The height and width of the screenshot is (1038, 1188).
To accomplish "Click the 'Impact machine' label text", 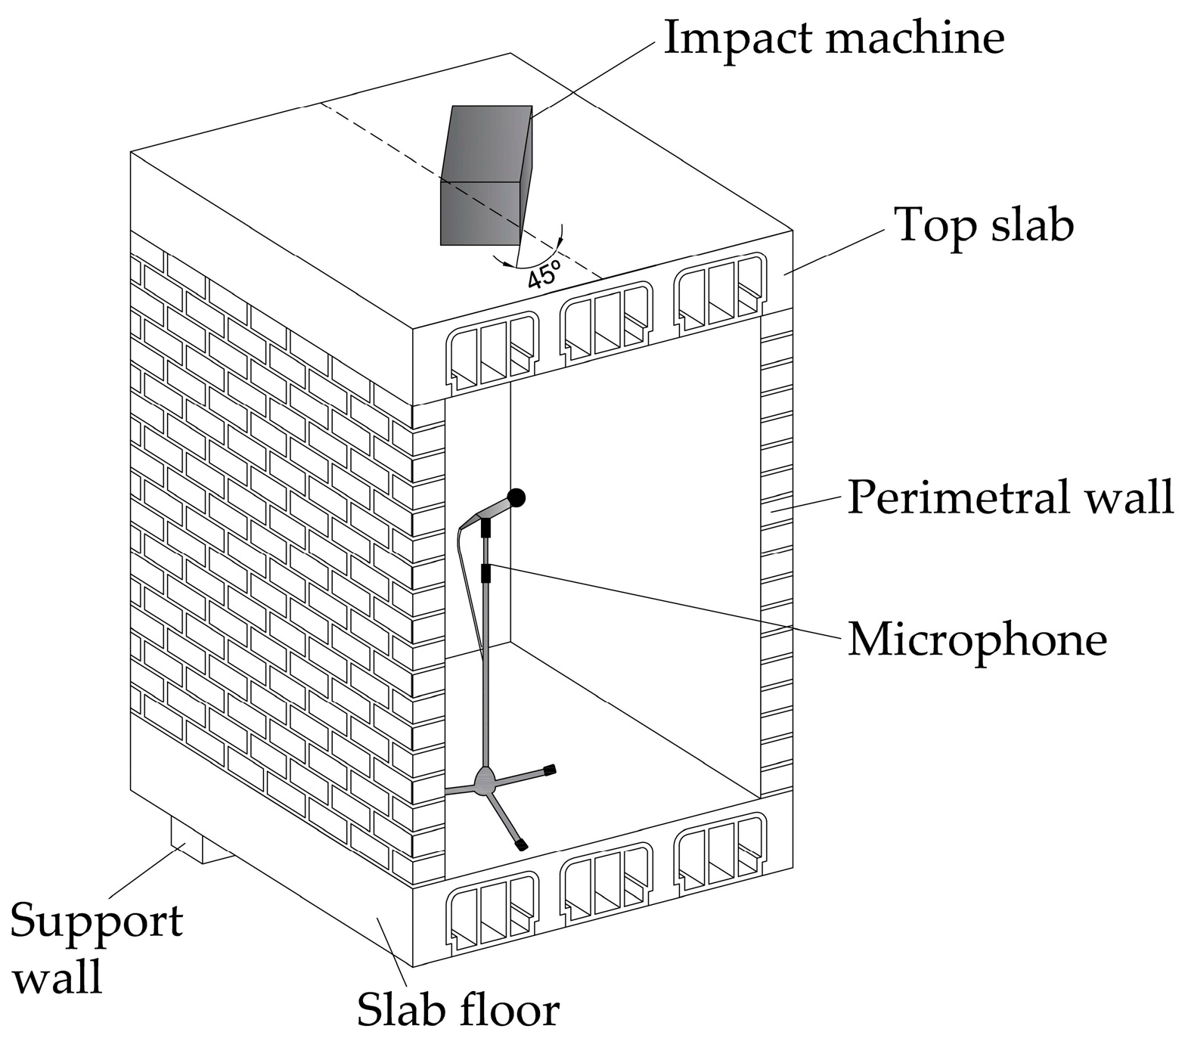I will (833, 37).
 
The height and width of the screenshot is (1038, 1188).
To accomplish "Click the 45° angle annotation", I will (543, 274).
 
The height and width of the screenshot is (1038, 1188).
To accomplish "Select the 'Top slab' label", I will (983, 226).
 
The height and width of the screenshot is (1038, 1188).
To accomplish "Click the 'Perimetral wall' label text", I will (1010, 497).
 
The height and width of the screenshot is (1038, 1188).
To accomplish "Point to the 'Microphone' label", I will (976, 640).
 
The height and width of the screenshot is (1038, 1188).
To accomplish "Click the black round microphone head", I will (516, 497).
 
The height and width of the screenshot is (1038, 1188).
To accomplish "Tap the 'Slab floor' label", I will (458, 1009).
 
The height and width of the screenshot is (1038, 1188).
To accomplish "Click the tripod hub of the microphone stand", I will (484, 779).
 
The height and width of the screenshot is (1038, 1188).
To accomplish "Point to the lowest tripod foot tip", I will (521, 844).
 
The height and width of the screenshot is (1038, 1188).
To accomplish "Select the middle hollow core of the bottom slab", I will (606, 882).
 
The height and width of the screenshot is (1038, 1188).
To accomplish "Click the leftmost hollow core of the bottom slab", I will (492, 911).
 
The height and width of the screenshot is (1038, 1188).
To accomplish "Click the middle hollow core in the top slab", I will (605, 321).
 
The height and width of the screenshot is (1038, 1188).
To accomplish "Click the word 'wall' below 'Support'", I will (58, 978).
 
